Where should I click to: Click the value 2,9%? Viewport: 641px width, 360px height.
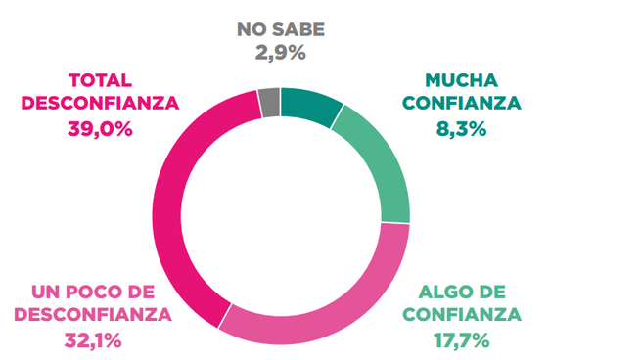coord(280,53)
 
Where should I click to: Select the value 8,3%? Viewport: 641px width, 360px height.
coord(461,128)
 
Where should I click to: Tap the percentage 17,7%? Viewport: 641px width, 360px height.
coord(461,340)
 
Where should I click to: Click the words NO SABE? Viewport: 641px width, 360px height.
coord(280,29)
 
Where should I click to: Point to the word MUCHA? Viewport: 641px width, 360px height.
coord(461,80)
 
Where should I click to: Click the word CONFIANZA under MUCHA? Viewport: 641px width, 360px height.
coord(461,104)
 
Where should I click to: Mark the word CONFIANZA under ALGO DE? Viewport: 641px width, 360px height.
coord(461,316)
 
